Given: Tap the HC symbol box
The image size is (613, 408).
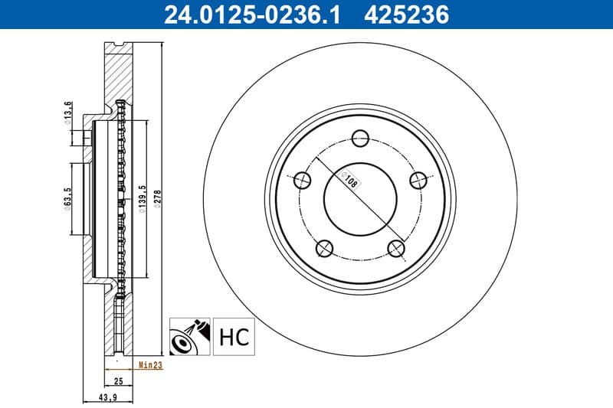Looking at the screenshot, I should click(234, 337).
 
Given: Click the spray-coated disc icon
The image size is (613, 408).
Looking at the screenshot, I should click(188, 337).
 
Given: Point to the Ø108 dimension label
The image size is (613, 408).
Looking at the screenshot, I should click(351, 181).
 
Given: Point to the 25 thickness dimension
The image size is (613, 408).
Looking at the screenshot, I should click(118, 380).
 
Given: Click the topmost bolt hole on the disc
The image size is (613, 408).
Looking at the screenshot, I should click(360, 139).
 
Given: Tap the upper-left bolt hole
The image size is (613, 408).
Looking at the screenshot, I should click(303, 181).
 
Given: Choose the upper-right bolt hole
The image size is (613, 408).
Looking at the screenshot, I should click(418, 181).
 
